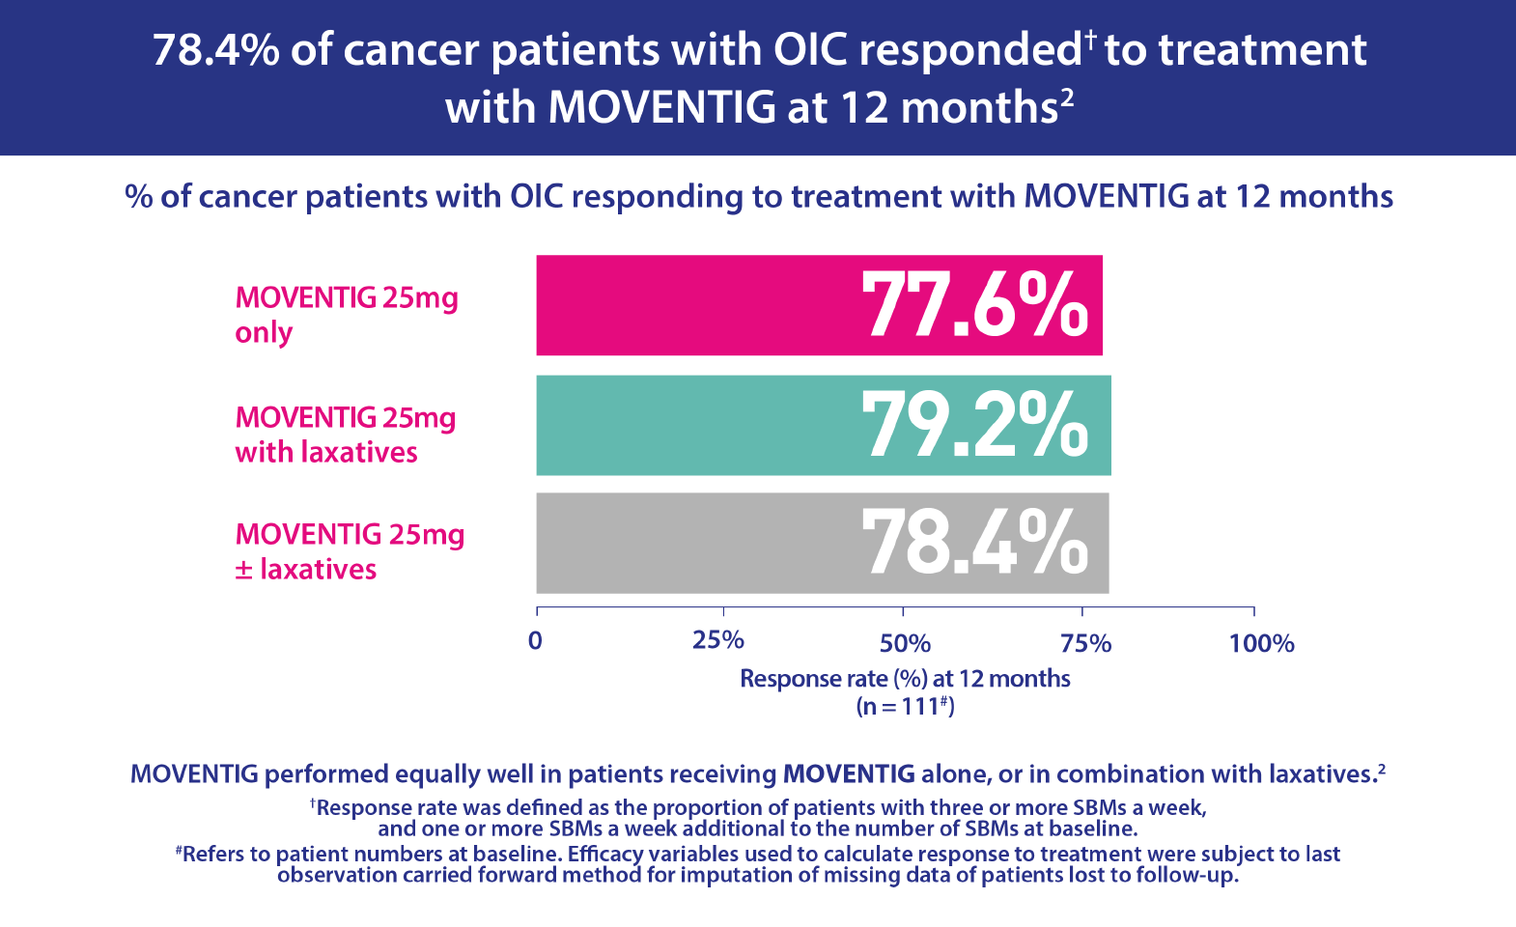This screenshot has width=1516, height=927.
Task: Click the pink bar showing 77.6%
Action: (695, 305)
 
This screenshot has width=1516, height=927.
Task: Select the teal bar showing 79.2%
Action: (695, 425)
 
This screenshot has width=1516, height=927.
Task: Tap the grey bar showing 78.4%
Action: (695, 543)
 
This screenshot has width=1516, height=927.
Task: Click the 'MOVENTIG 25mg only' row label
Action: (346, 314)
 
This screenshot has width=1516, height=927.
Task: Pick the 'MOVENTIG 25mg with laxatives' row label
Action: (345, 435)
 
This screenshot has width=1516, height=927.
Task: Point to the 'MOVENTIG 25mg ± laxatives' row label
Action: (349, 551)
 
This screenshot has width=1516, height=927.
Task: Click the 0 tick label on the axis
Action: (536, 641)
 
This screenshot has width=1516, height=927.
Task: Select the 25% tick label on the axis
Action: (718, 641)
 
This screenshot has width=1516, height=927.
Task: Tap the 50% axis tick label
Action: (905, 643)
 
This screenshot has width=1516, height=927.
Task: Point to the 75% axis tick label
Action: (1085, 643)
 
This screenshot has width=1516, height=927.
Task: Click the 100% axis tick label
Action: (1261, 643)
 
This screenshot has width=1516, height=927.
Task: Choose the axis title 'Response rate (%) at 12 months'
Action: (905, 679)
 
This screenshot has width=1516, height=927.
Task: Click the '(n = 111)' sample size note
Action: (905, 706)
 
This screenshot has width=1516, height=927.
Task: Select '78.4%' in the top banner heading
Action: (215, 50)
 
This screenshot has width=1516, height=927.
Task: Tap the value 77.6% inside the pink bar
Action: (975, 305)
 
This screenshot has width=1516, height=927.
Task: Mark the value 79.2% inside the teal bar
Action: (975, 425)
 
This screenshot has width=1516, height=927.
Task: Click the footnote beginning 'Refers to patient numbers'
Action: (758, 864)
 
